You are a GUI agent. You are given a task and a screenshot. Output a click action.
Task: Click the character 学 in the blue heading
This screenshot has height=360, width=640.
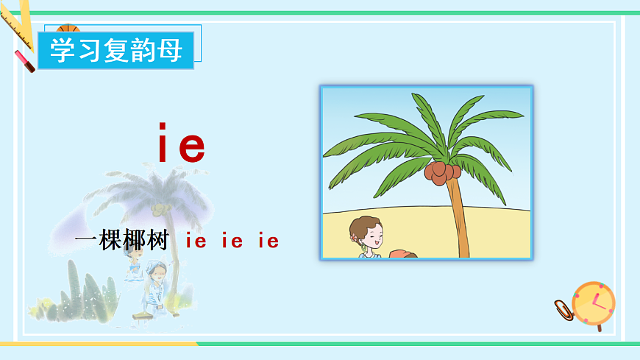coord(62,50)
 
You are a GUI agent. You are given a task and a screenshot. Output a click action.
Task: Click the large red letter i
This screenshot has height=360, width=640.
coord(164,144)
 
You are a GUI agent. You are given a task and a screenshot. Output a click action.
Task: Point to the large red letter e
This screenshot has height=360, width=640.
coord(191,147)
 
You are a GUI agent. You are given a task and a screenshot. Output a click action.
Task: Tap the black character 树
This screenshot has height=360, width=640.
coord(157,240)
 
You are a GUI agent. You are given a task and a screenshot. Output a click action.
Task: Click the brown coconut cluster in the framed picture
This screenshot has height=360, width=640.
coord(441,172)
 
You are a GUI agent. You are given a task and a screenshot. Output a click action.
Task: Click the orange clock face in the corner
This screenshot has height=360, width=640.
coord(594,303)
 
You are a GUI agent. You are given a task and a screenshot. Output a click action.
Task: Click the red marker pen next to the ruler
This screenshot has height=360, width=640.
coord(24,60)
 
